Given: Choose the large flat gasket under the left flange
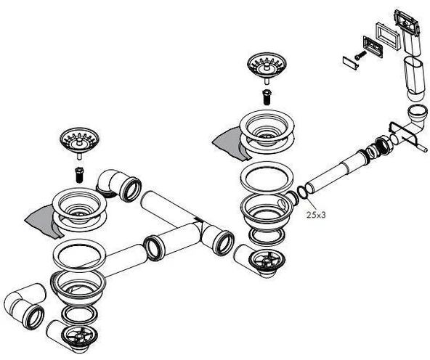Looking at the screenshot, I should point(79,254).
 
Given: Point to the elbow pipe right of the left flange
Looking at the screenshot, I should point(118,184).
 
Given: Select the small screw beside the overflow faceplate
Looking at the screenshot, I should point(360,53).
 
